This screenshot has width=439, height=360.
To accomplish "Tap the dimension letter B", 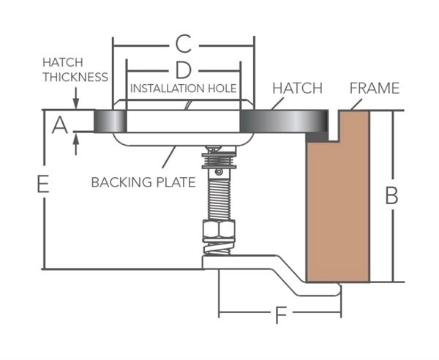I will pos(392,196).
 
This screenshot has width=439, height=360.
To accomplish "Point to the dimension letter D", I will pos(184,70).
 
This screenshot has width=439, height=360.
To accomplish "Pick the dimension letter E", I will pos(43,185).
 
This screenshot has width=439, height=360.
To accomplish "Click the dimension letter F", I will pos(280,317).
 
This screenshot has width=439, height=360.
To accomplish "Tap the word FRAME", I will pos(374,89).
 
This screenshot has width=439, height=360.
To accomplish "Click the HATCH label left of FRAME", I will pos(297,89).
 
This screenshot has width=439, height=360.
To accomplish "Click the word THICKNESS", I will pos(75,77).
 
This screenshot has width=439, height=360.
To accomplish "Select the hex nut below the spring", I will pos(218,233).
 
